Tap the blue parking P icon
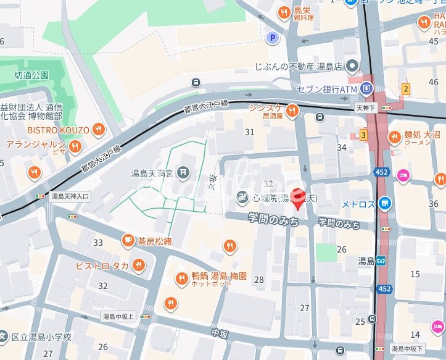pyautogui.click(x=271, y=38)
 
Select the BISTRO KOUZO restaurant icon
pyautogui.click(x=98, y=130)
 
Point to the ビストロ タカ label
pyautogui.click(x=102, y=266)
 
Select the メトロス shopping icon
pyautogui.click(x=385, y=203)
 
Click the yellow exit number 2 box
pyautogui.click(x=405, y=88)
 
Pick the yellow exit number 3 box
pyautogui.click(x=364, y=134)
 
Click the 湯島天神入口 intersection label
pyautogui.click(x=70, y=196)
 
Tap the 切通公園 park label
pyautogui.click(x=31, y=75)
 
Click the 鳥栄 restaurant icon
pyautogui.click(x=283, y=11)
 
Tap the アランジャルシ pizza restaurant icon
pyautogui.click(x=75, y=146)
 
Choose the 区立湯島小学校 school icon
pyautogui.click(x=4, y=337)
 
